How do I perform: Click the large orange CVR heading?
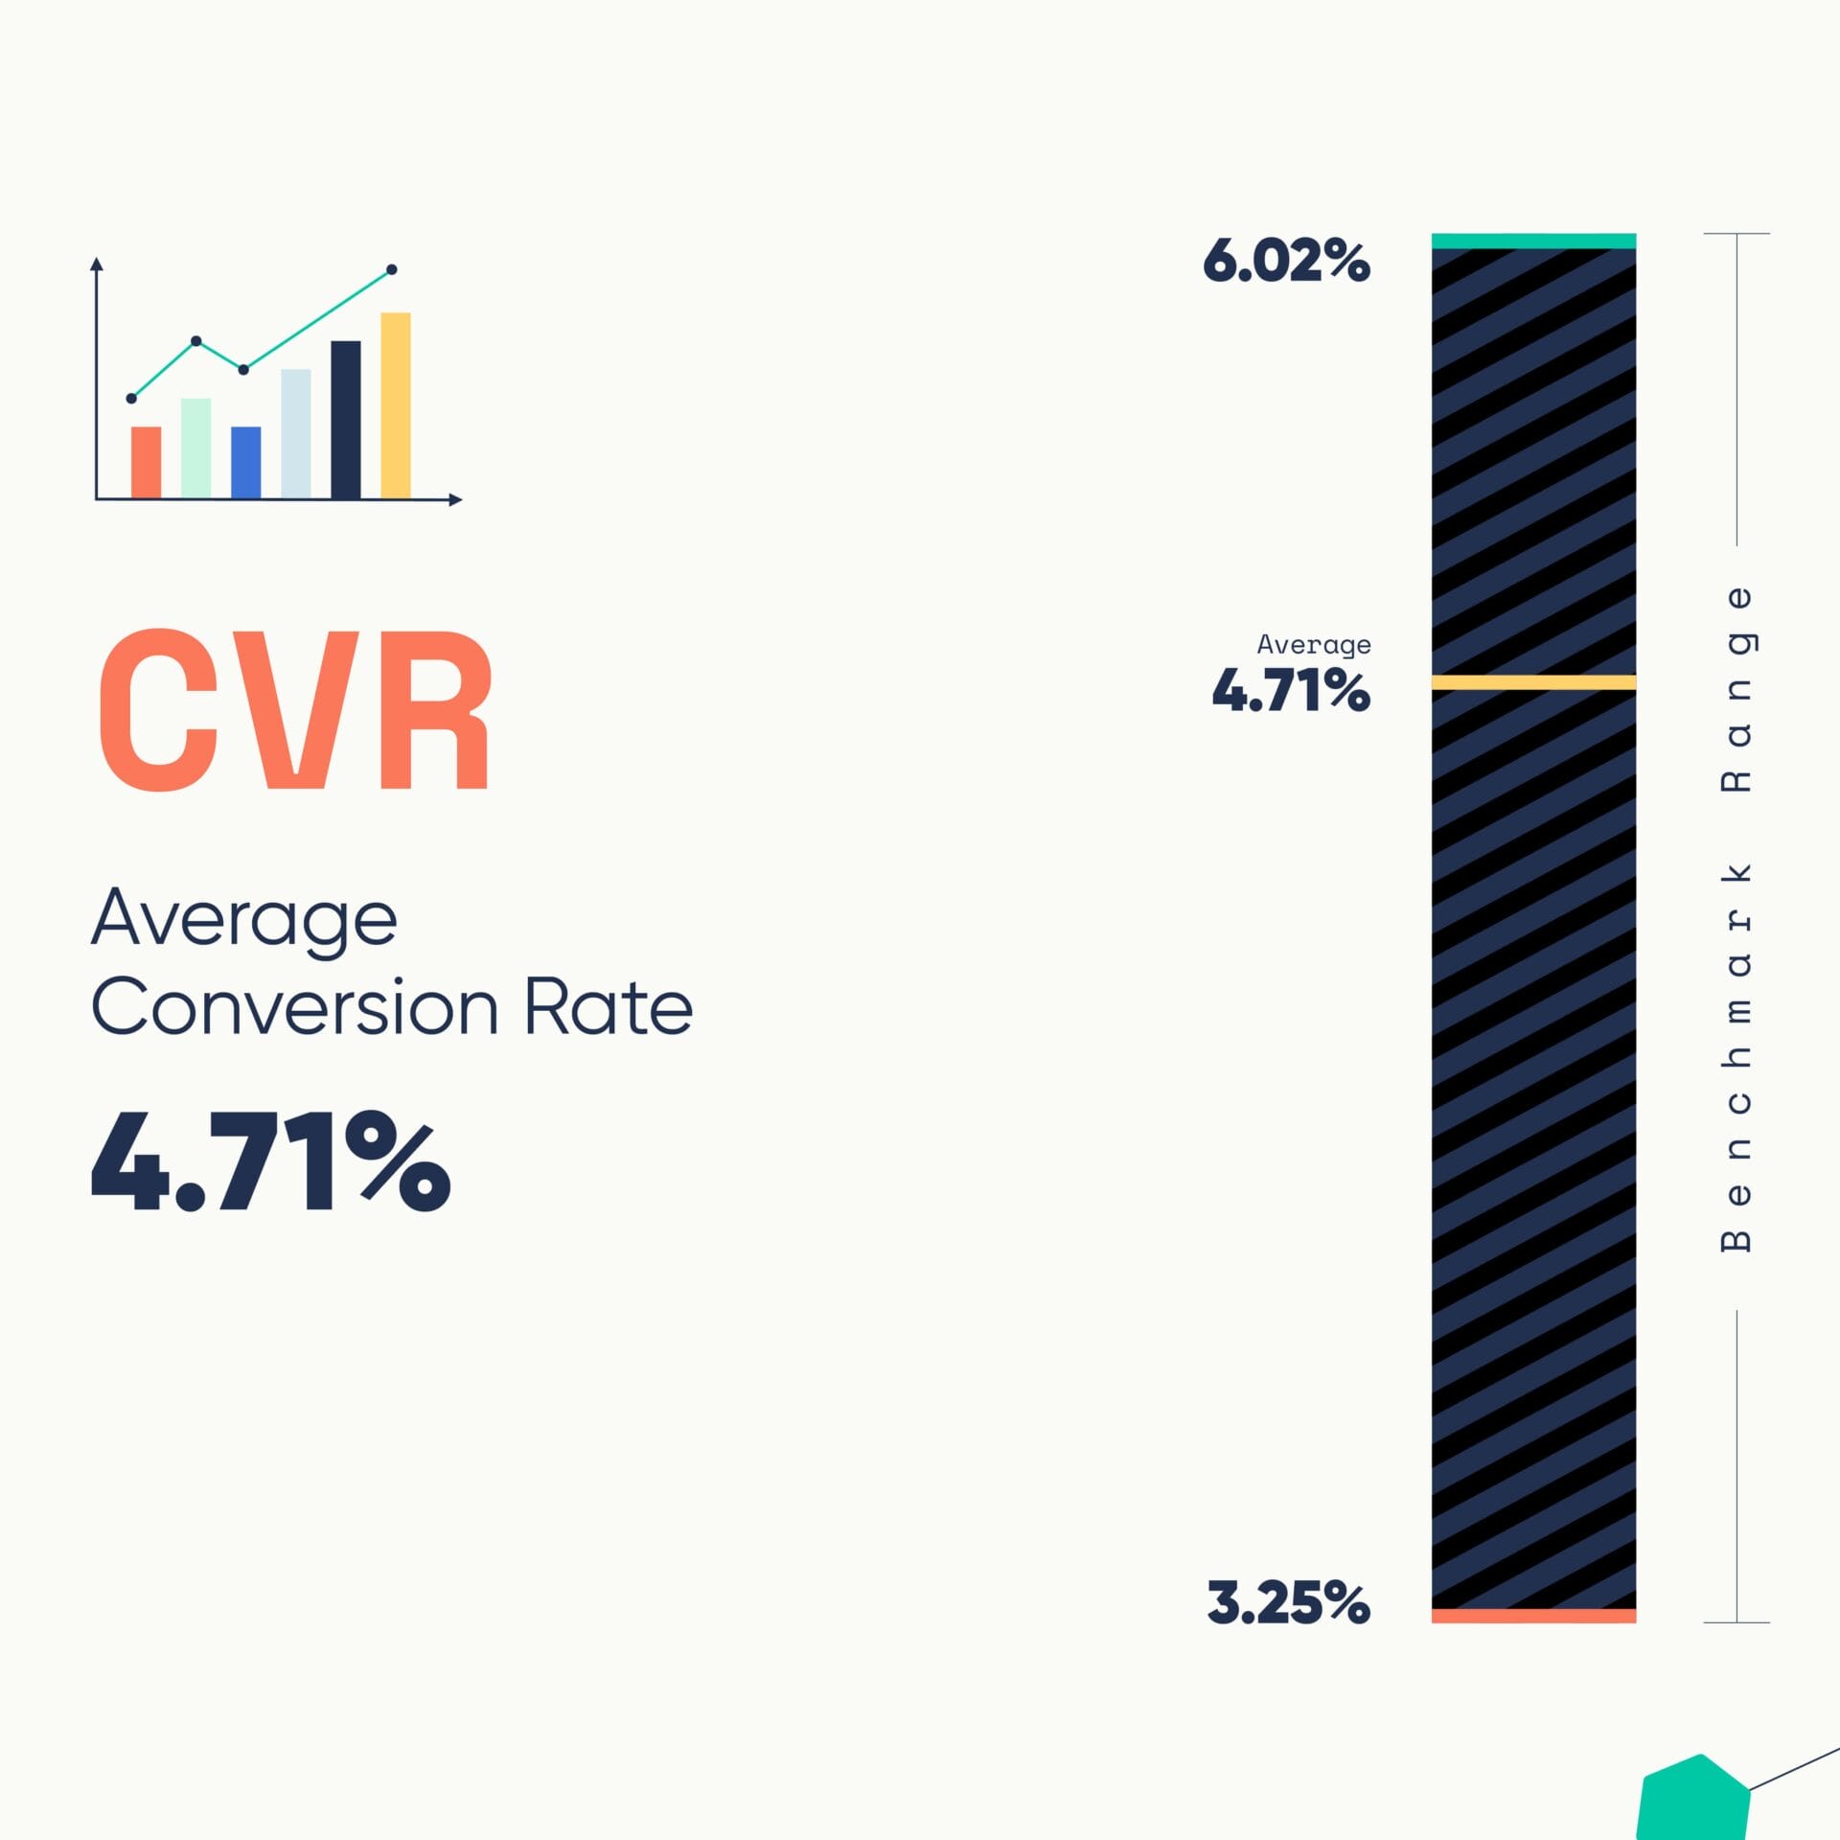pos(295,710)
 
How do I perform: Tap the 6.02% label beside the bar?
pos(1286,261)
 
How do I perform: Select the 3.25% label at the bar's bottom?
pos(1288,1603)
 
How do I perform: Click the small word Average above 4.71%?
pos(1313,645)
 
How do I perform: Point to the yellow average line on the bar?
pos(1533,682)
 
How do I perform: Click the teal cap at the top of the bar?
pos(1533,241)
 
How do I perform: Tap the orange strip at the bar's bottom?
pos(1533,1616)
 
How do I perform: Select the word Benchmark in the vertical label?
pos(1736,1057)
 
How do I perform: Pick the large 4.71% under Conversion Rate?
pos(270,1162)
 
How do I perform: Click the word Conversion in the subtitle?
pos(295,1008)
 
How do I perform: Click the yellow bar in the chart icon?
pos(396,404)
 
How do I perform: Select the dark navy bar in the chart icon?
pos(346,419)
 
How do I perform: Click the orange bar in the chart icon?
pos(146,462)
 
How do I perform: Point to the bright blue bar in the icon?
pos(245,462)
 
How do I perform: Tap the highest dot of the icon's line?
pos(391,269)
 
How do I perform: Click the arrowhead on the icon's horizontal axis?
pos(456,499)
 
